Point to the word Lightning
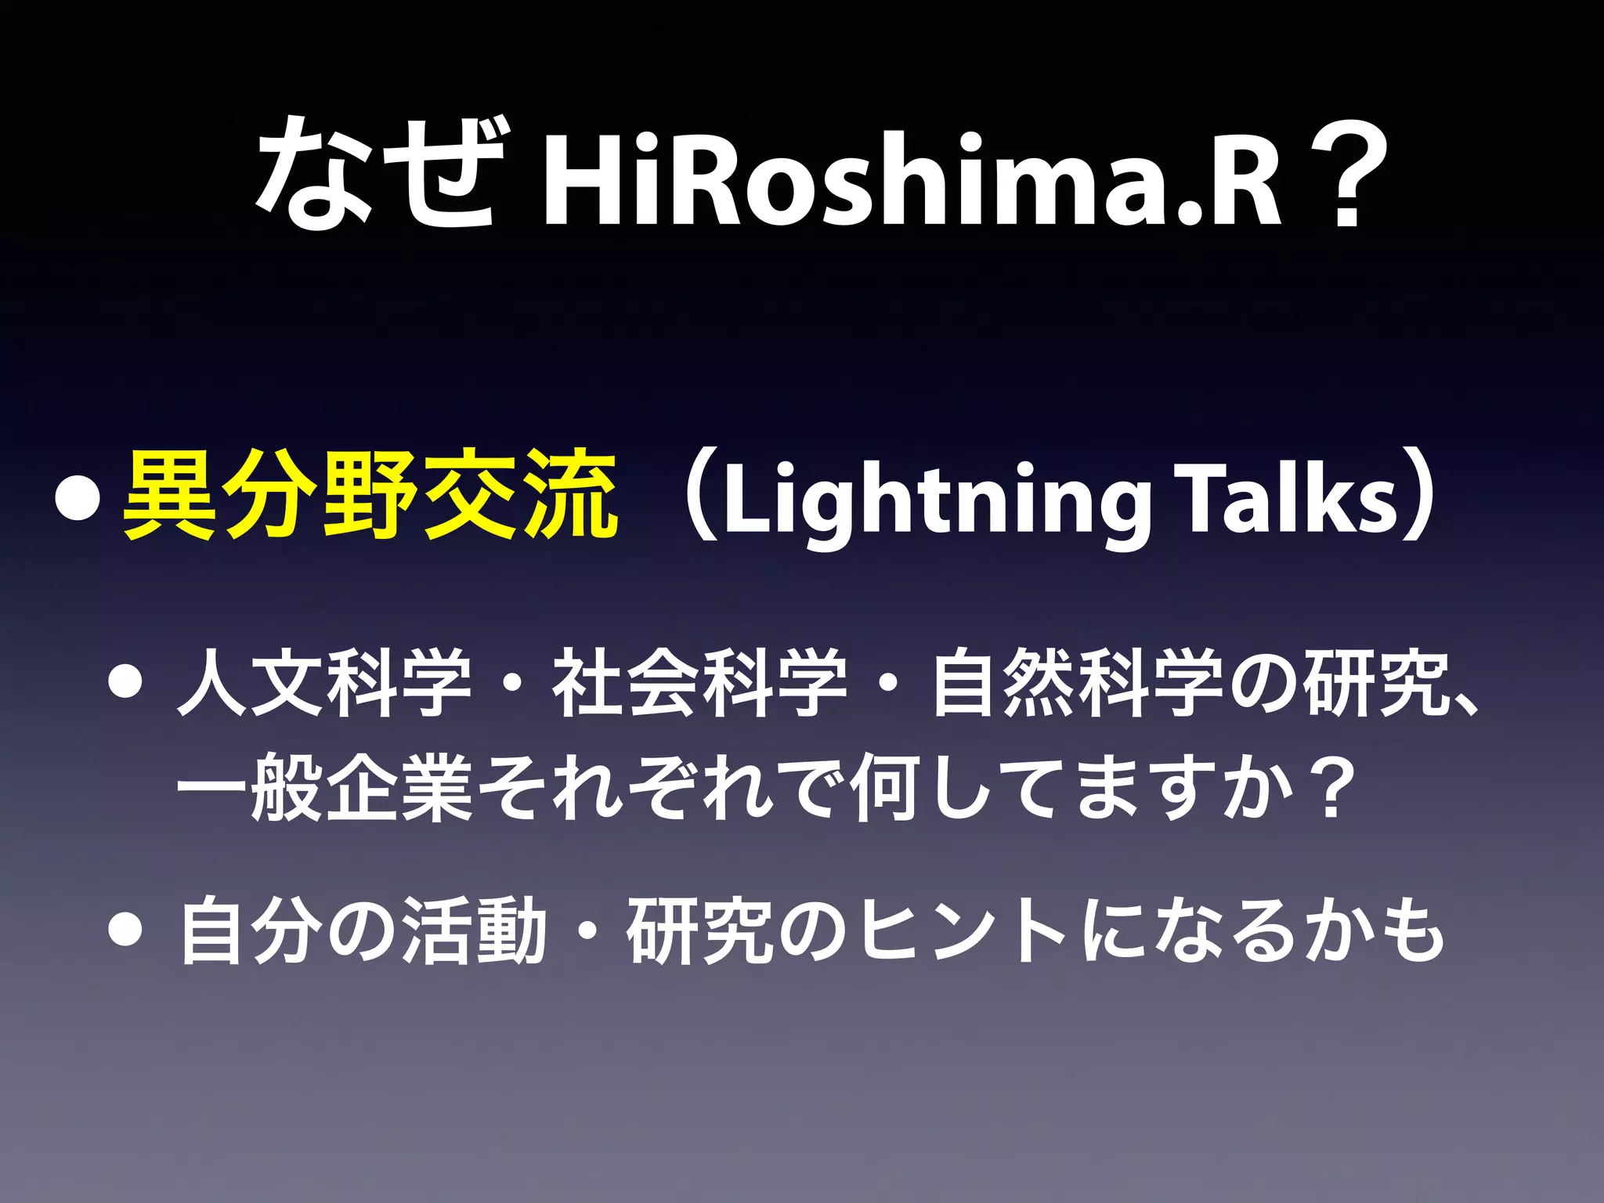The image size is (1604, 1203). coord(937,501)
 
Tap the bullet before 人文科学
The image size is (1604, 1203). coord(125,682)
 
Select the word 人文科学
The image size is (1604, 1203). coord(325,682)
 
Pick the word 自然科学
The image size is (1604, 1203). coord(1077,682)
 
